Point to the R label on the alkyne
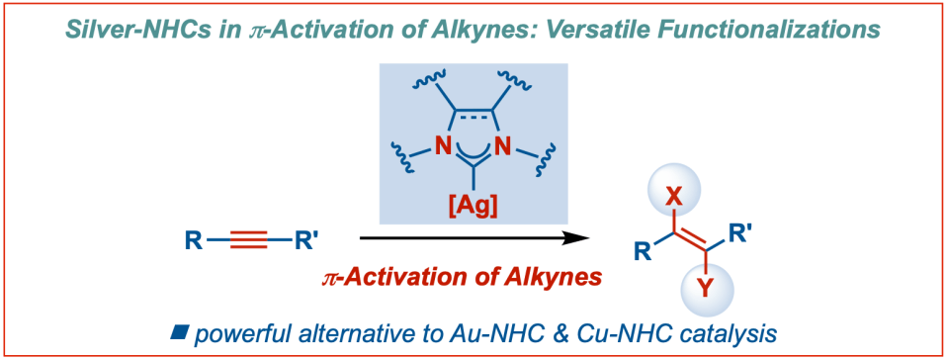191,239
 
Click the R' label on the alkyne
306,239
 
